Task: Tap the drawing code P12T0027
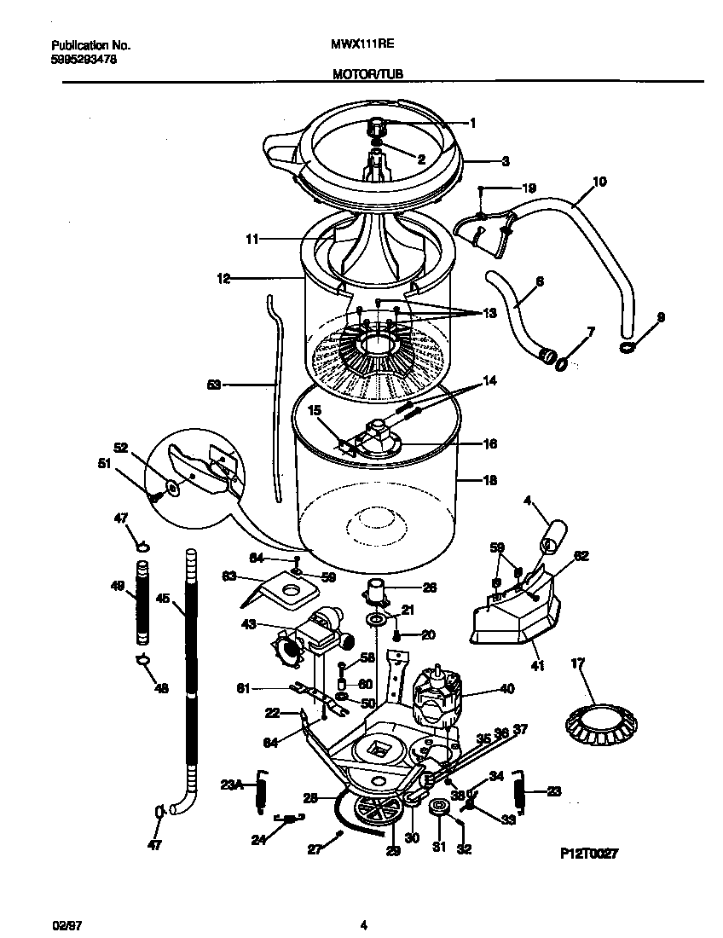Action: [587, 852]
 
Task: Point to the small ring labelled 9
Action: [627, 346]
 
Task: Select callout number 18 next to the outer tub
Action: [489, 480]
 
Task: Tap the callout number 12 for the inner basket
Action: [223, 278]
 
